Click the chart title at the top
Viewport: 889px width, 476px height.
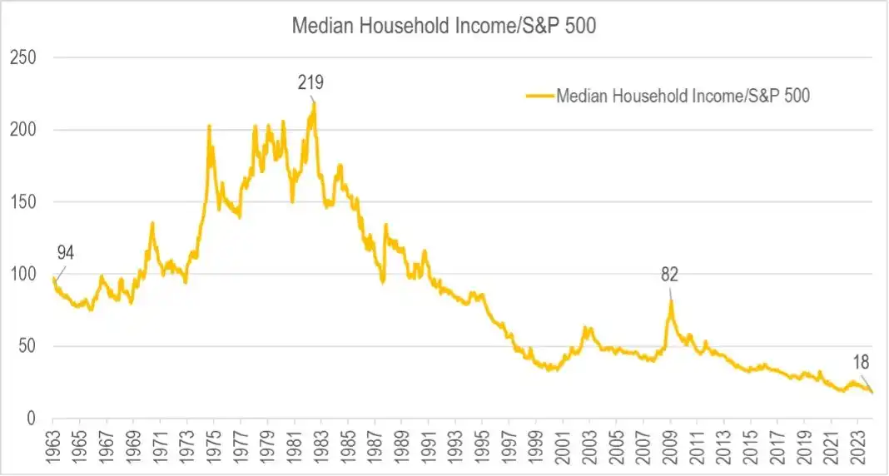click(x=444, y=26)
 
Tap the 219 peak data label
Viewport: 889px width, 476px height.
click(x=310, y=82)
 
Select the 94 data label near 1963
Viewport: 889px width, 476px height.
click(x=66, y=254)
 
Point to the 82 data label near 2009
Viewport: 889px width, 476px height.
click(x=671, y=275)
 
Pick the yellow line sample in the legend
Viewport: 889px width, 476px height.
click(x=539, y=96)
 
